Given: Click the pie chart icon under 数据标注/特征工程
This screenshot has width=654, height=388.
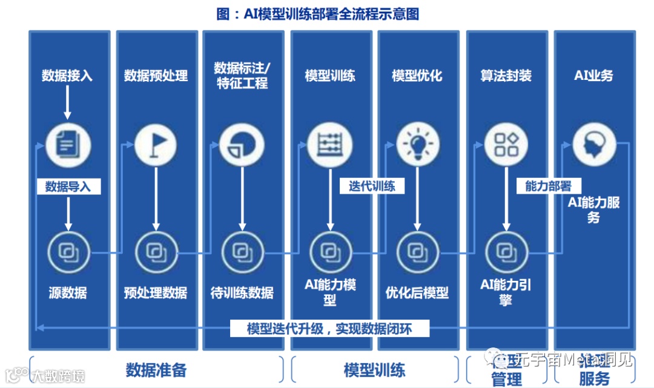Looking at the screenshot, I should tap(242, 145).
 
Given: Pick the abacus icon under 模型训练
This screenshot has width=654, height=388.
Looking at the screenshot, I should tap(329, 145).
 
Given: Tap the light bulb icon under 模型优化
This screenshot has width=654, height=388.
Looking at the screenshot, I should tap(417, 145).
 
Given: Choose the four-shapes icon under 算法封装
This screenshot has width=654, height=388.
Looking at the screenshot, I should tap(506, 145).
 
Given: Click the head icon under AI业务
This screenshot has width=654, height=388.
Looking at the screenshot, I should tap(593, 145).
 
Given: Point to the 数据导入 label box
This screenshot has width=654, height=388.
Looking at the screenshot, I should tap(68, 186).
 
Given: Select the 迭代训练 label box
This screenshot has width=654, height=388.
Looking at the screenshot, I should tap(372, 186).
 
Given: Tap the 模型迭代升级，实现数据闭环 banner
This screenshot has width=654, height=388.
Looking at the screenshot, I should tap(329, 329).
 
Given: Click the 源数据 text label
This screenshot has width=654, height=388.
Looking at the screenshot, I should tap(68, 293).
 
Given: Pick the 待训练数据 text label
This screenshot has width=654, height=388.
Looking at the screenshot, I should tap(242, 293).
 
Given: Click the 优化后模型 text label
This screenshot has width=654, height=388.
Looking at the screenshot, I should tap(417, 293).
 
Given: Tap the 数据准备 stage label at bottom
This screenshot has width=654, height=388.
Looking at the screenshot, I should tap(156, 370).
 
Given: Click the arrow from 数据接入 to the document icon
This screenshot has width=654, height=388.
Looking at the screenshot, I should tap(67, 103).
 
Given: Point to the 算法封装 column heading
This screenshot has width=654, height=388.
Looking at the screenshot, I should tap(506, 75).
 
